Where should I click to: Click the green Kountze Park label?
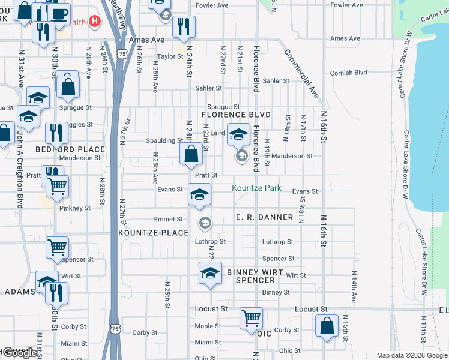point(257,188)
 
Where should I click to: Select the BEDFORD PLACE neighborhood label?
point(62,149)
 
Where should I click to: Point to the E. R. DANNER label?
point(264,217)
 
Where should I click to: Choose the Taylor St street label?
point(170,56)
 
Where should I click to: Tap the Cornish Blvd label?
point(348,73)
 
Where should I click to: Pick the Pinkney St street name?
point(75,208)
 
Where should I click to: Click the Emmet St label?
point(168,220)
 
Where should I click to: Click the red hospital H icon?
point(94,22)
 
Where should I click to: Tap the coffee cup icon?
point(58,13)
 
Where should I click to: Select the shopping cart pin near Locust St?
point(250,317)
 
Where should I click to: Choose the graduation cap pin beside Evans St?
point(200,194)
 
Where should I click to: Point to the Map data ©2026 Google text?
point(411,355)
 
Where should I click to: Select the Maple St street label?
point(208,326)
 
